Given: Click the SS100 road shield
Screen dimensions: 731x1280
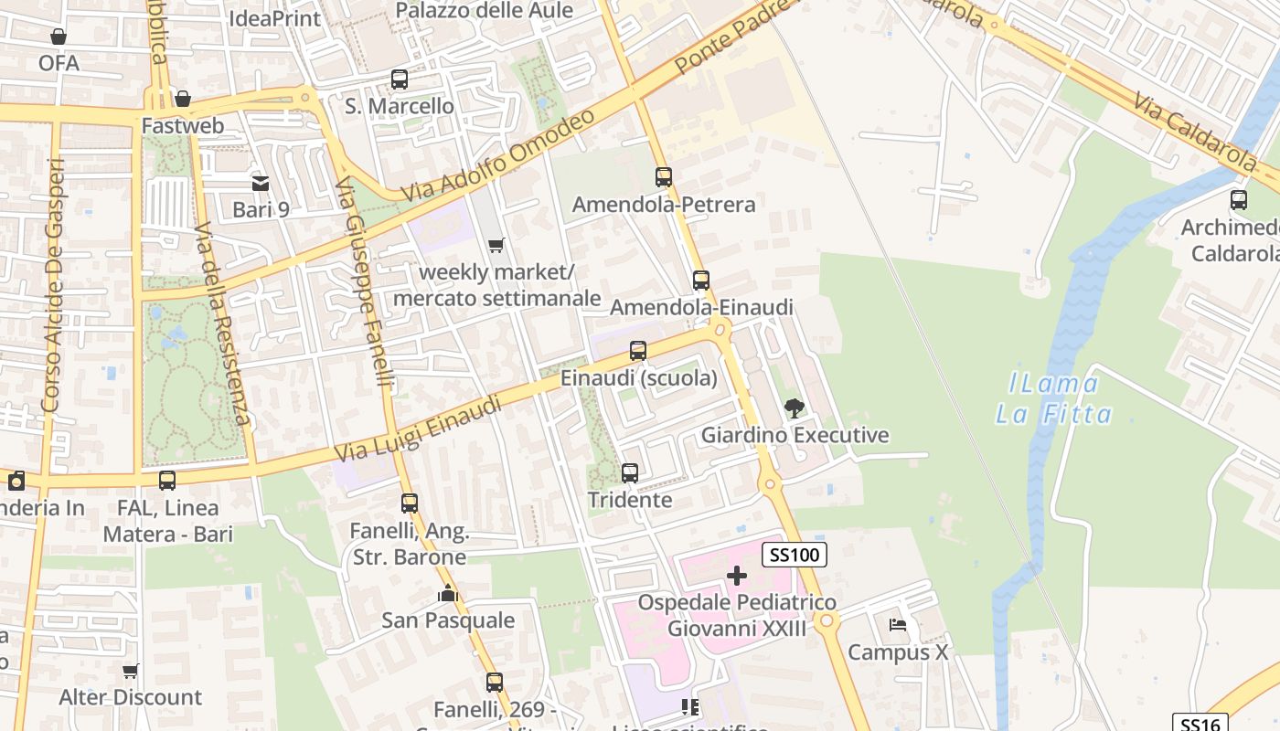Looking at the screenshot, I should pyautogui.click(x=795, y=554).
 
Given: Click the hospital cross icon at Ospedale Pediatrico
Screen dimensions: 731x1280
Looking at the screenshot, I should pyautogui.click(x=737, y=576).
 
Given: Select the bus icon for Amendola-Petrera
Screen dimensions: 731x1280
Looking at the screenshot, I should pyautogui.click(x=664, y=177).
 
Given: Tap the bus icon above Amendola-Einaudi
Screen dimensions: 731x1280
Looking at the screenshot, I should pyautogui.click(x=701, y=281).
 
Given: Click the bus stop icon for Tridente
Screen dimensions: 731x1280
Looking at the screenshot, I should pyautogui.click(x=630, y=473).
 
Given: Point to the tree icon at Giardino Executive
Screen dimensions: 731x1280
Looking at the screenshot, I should pyautogui.click(x=794, y=408).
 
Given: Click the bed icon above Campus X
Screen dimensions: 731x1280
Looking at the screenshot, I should pyautogui.click(x=898, y=626).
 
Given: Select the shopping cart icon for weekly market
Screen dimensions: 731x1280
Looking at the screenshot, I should pyautogui.click(x=496, y=245).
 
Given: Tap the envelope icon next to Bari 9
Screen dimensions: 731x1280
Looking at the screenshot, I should pyautogui.click(x=261, y=184).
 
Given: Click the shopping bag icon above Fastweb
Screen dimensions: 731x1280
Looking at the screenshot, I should pyautogui.click(x=183, y=99).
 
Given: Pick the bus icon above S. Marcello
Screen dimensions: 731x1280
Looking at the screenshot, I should pyautogui.click(x=400, y=79).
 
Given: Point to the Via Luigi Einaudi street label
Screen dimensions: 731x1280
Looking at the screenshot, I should pyautogui.click(x=419, y=429).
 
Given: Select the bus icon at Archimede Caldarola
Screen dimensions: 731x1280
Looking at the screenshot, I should pyautogui.click(x=1239, y=199).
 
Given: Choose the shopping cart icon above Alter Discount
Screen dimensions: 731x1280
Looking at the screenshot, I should pyautogui.click(x=131, y=672).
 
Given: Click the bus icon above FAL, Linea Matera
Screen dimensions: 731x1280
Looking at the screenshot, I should pyautogui.click(x=167, y=481).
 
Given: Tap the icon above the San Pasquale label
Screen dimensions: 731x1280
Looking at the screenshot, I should pyautogui.click(x=447, y=594).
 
